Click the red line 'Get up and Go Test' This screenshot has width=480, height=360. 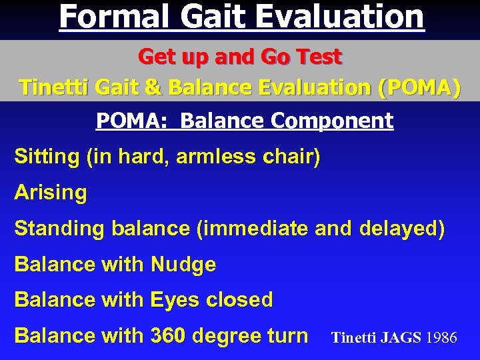pyautogui.click(x=239, y=57)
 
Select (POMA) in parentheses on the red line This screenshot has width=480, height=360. pyautogui.click(x=418, y=87)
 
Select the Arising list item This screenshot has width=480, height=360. pyautogui.click(x=51, y=193)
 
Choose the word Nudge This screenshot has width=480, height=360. pyautogui.click(x=183, y=265)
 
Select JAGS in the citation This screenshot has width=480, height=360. pyautogui.click(x=401, y=338)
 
